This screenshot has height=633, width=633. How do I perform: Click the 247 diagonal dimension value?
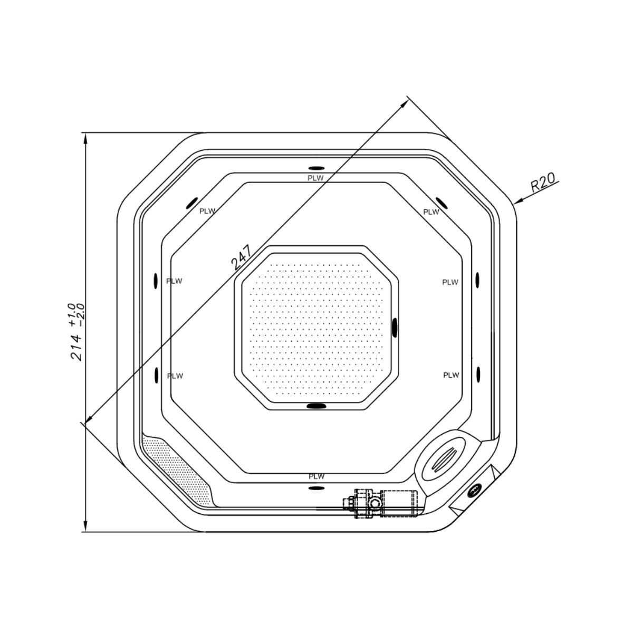pyautogui.click(x=241, y=257)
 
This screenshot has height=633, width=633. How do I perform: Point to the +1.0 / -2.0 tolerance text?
pyautogui.click(x=75, y=315)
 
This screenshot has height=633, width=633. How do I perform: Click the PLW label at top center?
pyautogui.click(x=316, y=178)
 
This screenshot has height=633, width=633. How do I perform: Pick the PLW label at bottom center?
pyautogui.click(x=316, y=476)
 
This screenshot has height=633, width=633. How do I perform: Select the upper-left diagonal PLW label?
pyautogui.click(x=207, y=211)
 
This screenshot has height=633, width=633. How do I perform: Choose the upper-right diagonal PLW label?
pyautogui.click(x=431, y=212)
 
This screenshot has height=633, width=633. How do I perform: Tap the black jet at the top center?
pyautogui.click(x=316, y=168)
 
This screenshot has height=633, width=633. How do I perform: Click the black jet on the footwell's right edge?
pyautogui.click(x=395, y=327)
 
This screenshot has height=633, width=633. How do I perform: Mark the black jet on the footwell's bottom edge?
pyautogui.click(x=316, y=406)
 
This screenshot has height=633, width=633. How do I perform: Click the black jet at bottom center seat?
pyautogui.click(x=316, y=487)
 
